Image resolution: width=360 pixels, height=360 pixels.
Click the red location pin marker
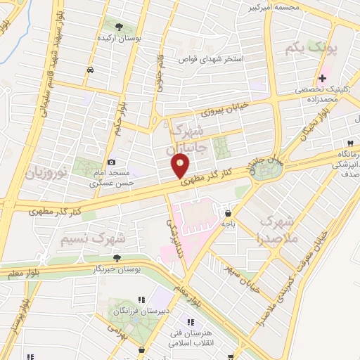pyautogui.click(x=180, y=166)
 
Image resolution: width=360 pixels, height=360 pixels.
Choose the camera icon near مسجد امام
pyautogui.click(x=111, y=163)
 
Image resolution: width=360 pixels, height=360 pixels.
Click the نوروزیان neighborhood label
pyautogui.click(x=46, y=170)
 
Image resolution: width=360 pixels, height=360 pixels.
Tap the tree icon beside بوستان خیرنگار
pyautogui.click(x=117, y=258)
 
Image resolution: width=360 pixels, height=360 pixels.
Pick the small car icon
pyautogui.click(x=90, y=70)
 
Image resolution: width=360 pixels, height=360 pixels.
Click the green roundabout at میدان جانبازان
pyautogui.click(x=266, y=172)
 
